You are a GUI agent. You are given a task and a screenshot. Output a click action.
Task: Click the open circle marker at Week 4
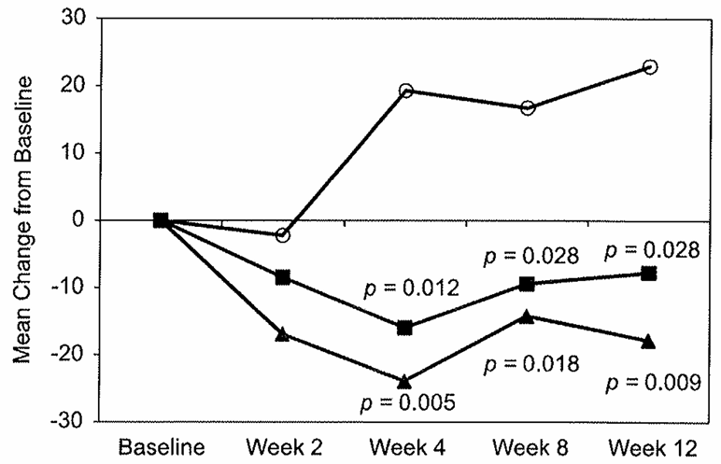point(405,91)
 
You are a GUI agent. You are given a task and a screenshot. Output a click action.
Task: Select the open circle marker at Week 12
point(650,67)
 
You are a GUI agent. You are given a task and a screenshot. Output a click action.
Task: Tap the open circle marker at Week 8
point(528,107)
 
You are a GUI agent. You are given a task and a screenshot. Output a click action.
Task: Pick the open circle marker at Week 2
point(283,235)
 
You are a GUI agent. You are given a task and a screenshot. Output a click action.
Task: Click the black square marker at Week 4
point(405,328)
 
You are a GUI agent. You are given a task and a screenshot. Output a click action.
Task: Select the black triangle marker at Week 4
point(405,381)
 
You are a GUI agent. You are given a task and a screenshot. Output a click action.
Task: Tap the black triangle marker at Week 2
point(283,333)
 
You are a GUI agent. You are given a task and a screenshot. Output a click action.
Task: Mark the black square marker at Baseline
point(161,220)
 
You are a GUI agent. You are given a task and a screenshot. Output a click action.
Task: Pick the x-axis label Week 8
point(527,445)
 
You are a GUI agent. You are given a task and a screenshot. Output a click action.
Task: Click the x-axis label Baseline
point(161,445)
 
